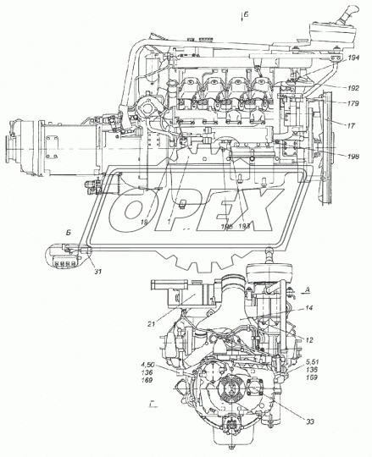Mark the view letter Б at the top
pos(244,14)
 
